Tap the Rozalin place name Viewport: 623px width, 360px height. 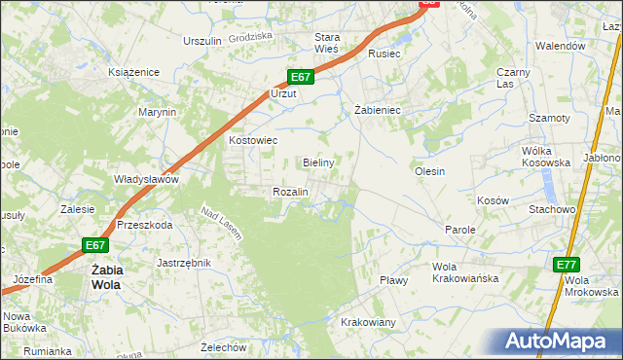290,193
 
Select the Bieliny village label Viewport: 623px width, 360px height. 318,162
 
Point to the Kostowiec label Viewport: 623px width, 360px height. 253,140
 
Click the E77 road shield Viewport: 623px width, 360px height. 567,265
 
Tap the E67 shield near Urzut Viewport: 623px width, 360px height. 300,77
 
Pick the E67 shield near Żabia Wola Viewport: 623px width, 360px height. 94,245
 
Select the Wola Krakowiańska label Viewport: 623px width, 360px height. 465,272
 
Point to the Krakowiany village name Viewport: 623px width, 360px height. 368,322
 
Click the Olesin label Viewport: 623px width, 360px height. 429,171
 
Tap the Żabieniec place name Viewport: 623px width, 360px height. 378,111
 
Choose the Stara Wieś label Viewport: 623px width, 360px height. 325,44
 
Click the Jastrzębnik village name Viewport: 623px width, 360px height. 184,263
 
